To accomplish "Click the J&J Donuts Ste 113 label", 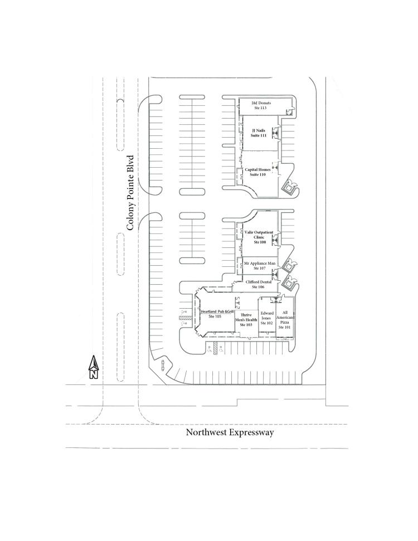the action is pyautogui.click(x=261, y=105).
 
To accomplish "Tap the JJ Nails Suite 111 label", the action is pyautogui.click(x=259, y=133).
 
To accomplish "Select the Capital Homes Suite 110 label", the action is pyautogui.click(x=259, y=172).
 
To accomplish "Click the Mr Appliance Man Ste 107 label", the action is pyautogui.click(x=260, y=265).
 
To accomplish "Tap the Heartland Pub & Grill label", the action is pyautogui.click(x=215, y=314).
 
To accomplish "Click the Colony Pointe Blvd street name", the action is pyautogui.click(x=131, y=193).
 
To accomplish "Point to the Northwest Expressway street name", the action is pyautogui.click(x=230, y=432).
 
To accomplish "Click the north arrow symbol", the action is pyautogui.click(x=94, y=364).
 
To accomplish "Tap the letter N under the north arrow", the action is pyautogui.click(x=94, y=375).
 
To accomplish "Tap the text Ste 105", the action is pyautogui.click(x=215, y=317).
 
